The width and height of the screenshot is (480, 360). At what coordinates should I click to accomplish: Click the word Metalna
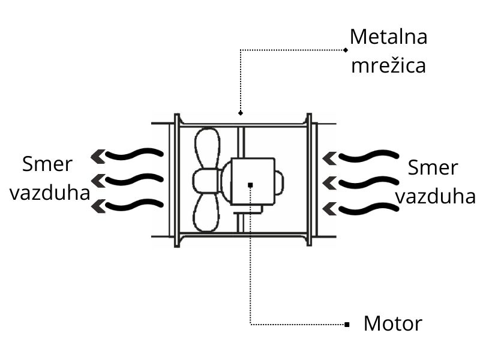(x=388, y=37)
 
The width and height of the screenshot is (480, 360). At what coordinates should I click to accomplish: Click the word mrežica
(x=388, y=65)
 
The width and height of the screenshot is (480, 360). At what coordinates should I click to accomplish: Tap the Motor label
(x=393, y=324)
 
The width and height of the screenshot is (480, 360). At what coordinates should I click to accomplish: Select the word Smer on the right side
(x=432, y=167)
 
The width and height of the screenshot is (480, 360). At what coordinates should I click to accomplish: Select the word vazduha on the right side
(x=435, y=196)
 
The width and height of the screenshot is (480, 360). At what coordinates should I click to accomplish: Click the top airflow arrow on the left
(x=127, y=155)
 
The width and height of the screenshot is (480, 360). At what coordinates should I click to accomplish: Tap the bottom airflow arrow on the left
(x=127, y=205)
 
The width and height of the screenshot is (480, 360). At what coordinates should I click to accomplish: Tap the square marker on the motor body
(x=250, y=185)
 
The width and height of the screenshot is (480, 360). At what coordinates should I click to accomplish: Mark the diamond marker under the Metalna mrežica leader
(x=240, y=112)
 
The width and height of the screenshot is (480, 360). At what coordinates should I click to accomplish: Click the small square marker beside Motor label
(x=347, y=325)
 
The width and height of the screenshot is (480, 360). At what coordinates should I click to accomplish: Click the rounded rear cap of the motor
(x=279, y=182)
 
